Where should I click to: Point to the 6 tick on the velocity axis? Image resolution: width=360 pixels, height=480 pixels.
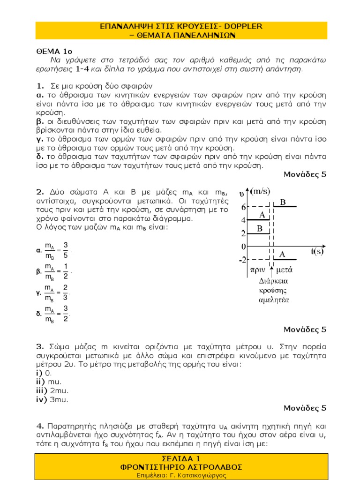243,207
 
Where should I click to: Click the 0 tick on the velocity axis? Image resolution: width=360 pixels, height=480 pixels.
243,246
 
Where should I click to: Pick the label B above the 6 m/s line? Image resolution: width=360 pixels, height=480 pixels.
283,202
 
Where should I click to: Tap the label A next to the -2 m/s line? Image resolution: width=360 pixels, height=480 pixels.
283,255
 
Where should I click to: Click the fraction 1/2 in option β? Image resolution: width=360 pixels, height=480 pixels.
66,271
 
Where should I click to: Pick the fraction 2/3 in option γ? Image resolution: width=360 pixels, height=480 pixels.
66,292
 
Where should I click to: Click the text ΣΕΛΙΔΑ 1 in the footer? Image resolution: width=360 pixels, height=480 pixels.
180,458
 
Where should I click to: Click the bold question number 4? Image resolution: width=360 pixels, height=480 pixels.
39,426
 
